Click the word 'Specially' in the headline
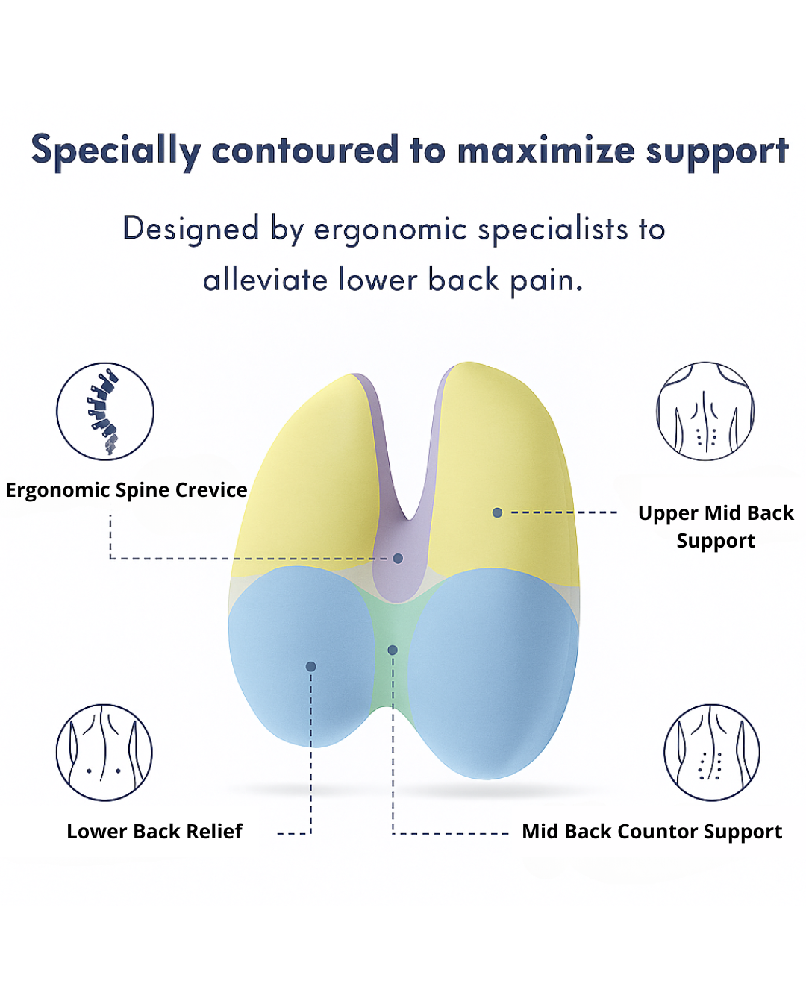tap(116, 151)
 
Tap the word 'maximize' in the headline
tap(546, 151)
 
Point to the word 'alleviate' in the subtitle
tap(265, 280)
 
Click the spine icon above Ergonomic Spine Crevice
tap(105, 411)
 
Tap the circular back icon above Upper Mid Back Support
tap(705, 411)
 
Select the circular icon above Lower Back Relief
tap(104, 752)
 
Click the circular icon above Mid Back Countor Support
tap(712, 752)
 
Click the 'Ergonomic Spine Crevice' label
tap(127, 490)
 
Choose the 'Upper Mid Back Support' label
tap(716, 527)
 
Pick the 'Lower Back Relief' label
tap(154, 832)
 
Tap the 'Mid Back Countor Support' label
tap(652, 832)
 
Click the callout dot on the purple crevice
tap(398, 558)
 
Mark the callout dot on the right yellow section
tap(497, 512)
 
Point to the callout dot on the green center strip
tap(393, 650)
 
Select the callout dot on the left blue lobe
tap(310, 666)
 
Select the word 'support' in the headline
tap(716, 151)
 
